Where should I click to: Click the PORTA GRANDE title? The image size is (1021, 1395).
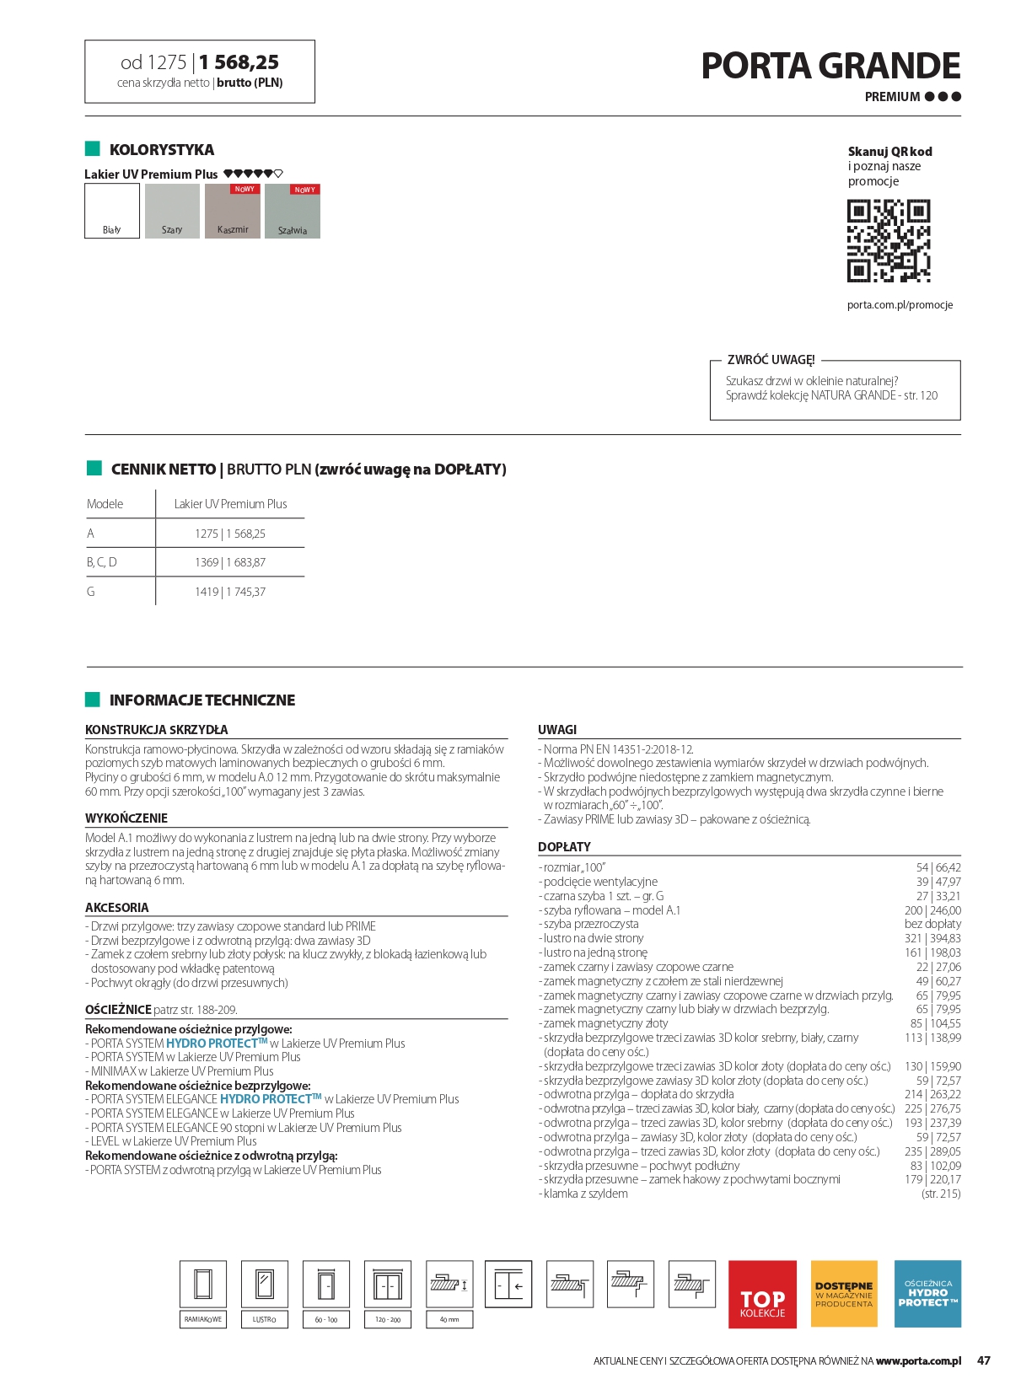(x=830, y=67)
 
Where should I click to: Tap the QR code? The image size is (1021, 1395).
(x=889, y=240)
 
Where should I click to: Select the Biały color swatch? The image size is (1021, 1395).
(x=112, y=211)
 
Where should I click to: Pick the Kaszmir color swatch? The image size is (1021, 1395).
(x=233, y=212)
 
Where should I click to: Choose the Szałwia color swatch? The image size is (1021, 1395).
(x=293, y=212)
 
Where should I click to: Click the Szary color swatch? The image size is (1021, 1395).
(x=172, y=211)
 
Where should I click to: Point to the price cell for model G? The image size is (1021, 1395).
(x=230, y=592)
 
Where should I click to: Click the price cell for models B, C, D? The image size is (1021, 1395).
(x=230, y=562)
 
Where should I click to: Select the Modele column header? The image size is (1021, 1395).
(x=105, y=504)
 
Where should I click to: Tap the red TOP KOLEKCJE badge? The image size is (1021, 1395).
(x=762, y=1294)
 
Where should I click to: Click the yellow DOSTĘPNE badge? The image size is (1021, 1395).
(x=844, y=1294)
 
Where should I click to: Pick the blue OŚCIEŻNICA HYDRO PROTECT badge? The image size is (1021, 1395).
(x=927, y=1294)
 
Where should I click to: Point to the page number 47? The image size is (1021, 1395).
(x=984, y=1360)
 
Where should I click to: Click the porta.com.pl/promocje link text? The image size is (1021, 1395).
(x=900, y=305)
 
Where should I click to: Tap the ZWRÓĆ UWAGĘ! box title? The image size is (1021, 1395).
(x=771, y=360)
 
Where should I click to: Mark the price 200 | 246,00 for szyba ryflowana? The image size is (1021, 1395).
(x=932, y=910)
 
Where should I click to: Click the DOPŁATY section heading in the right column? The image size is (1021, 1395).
(x=564, y=846)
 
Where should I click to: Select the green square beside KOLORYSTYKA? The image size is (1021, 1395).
(x=93, y=149)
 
